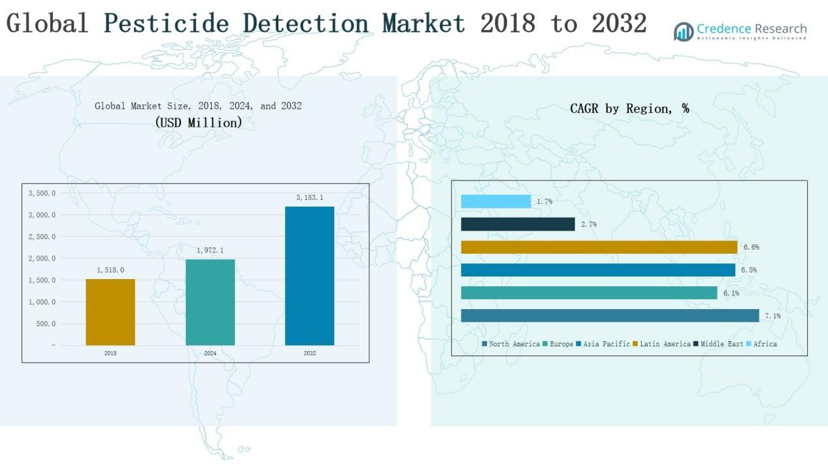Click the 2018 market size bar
[x=110, y=312]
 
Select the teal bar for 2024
[x=210, y=302]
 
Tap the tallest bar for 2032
[x=309, y=276]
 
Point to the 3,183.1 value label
[x=310, y=197]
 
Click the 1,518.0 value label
[x=110, y=270]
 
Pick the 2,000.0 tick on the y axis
[x=42, y=259]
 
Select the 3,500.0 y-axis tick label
[x=42, y=193]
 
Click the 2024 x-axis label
[x=210, y=354]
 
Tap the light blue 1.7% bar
[x=495, y=201]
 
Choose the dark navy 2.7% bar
[x=518, y=224]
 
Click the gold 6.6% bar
[x=599, y=247]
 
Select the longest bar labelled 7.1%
[x=610, y=316]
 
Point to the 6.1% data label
[x=731, y=293]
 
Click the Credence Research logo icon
[x=684, y=31]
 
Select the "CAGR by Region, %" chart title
[x=629, y=108]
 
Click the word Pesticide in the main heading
[x=167, y=24]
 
